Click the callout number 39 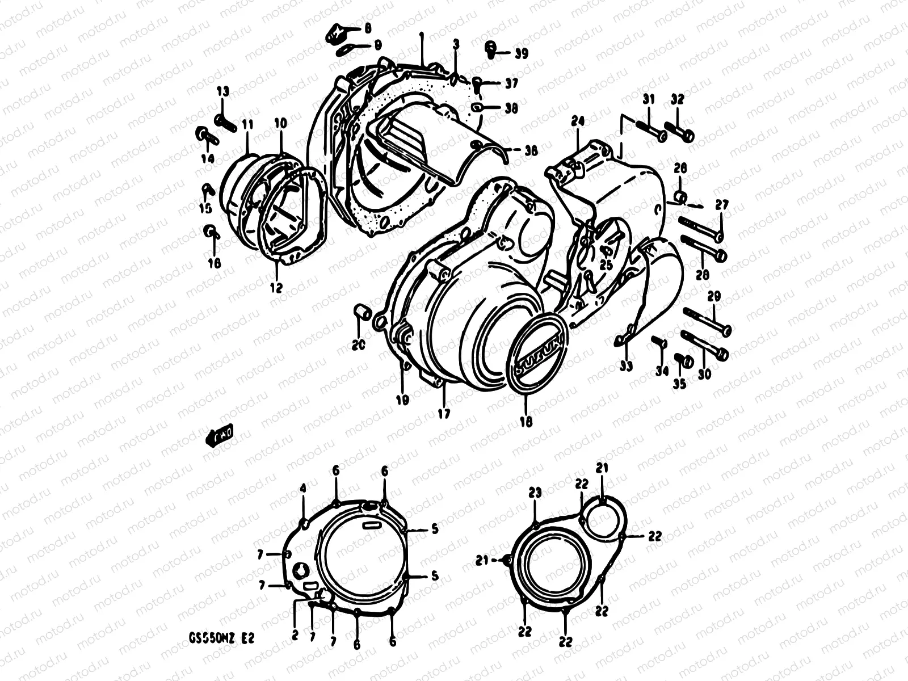521,53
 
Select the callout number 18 526,422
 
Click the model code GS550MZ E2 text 222,638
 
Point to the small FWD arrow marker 219,435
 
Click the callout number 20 359,344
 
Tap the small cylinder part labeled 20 363,312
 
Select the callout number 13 222,91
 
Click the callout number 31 648,99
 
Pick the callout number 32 677,99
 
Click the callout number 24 578,121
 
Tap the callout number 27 721,205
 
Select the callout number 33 626,367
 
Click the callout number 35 679,384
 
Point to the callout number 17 444,414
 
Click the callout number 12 276,288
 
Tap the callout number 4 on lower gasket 303,488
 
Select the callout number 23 535,494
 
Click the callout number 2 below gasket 295,635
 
